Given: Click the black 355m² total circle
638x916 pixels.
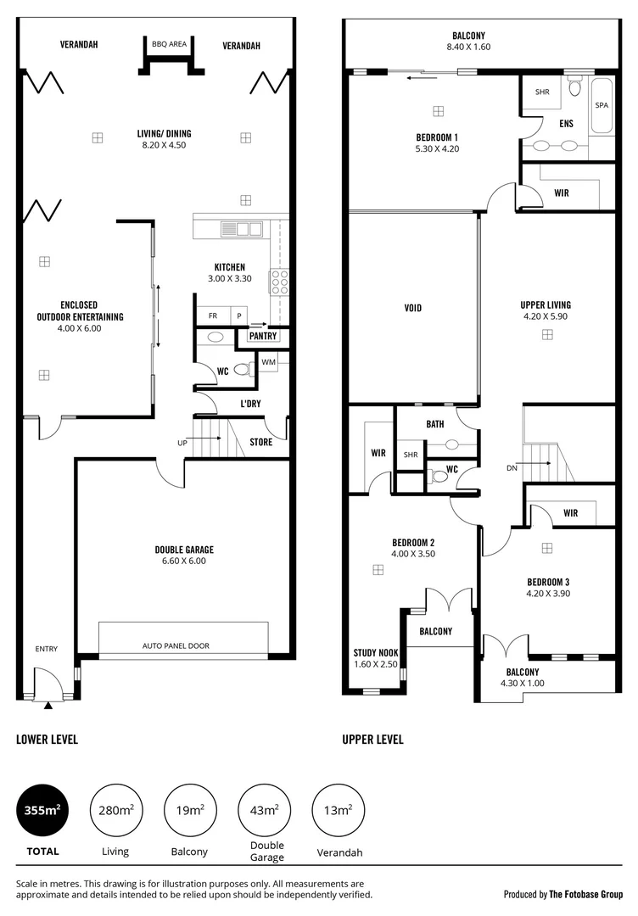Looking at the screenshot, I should pos(41,810).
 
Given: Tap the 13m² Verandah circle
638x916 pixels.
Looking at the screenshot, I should pos(339,810).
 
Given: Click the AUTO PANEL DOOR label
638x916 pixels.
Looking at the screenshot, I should pos(176,645).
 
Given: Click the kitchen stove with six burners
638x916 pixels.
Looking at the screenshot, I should pos(280,281).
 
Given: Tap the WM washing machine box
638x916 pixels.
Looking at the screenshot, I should pos(268,363).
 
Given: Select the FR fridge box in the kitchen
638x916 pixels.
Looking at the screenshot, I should pos(213,316).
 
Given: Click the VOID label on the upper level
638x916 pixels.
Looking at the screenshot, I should pos(413,308).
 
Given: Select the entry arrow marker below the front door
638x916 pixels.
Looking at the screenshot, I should pos(48,704).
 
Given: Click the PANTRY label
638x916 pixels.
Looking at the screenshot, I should pos(262,336).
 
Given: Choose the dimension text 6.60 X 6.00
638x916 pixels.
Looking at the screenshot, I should pos(185,561).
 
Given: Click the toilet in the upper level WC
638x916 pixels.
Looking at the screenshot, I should pos(439,477).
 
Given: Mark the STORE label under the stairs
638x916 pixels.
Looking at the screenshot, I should pos(261,442).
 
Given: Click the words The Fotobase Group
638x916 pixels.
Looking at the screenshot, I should pos(585,894).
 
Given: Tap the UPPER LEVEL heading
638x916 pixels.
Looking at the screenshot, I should pos(372,740).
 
